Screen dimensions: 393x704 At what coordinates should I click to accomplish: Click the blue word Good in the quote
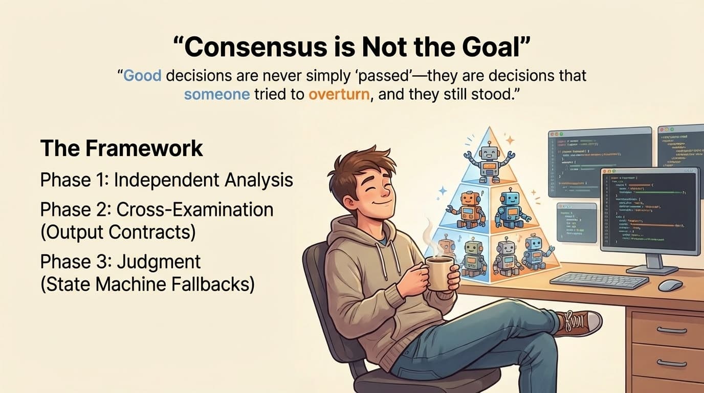click(x=142, y=76)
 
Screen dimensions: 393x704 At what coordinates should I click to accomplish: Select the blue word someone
click(x=217, y=95)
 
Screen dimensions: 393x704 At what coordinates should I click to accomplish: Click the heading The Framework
click(x=121, y=148)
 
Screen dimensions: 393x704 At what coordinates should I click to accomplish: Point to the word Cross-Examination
click(x=195, y=209)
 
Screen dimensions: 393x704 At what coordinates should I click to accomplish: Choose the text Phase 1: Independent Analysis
click(x=166, y=180)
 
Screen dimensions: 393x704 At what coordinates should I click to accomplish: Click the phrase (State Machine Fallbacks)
click(x=147, y=284)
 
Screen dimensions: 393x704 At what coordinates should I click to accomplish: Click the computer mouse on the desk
click(x=670, y=285)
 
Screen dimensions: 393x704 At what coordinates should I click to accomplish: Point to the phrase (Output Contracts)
click(x=118, y=232)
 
